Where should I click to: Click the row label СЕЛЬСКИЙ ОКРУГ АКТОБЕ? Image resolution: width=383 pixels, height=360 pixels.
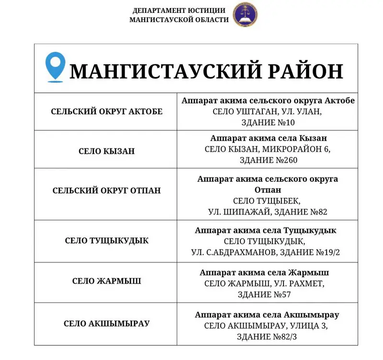(107, 112)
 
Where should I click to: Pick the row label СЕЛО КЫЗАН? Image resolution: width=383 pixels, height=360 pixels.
(107, 151)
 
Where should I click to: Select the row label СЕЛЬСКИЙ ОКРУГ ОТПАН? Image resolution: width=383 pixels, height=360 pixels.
(107, 190)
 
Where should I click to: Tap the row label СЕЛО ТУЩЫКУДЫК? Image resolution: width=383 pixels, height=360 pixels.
(107, 240)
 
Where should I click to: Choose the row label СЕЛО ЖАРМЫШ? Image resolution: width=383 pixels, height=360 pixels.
(107, 281)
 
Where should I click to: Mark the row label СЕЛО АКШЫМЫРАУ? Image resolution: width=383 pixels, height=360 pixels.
(107, 323)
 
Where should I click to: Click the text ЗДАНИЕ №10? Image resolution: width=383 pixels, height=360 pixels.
(268, 122)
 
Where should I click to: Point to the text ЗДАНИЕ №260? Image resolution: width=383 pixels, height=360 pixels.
(268, 160)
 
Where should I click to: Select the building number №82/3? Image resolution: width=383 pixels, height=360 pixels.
(285, 337)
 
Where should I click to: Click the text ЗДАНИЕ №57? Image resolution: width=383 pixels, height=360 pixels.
(268, 294)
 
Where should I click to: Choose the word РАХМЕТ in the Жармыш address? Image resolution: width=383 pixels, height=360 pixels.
(306, 283)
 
